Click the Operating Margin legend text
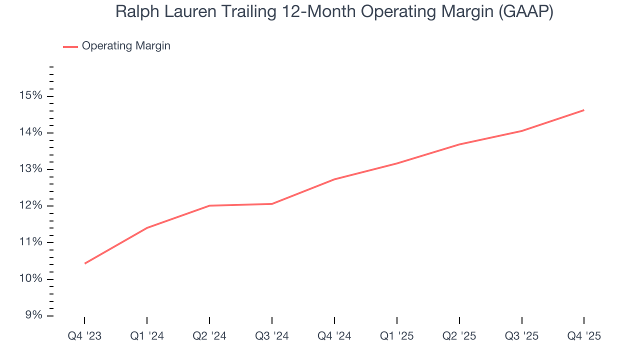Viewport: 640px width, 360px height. click(x=126, y=46)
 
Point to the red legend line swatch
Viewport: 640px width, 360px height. click(x=70, y=46)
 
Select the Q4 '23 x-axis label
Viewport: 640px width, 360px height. click(x=84, y=336)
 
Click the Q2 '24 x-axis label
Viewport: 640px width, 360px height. click(x=209, y=336)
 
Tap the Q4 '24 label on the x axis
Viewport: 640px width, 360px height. click(x=334, y=336)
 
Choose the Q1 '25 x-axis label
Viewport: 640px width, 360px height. click(x=396, y=336)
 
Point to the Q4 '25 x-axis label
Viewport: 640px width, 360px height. click(x=584, y=336)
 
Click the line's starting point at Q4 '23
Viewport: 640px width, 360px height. click(x=84, y=263)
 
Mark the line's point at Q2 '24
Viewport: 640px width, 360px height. click(x=209, y=205)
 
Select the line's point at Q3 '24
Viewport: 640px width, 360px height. click(x=272, y=203)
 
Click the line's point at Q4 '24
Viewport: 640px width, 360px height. click(x=334, y=179)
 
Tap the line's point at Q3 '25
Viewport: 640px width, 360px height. click(x=521, y=131)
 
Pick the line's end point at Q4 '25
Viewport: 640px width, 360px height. click(x=584, y=110)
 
